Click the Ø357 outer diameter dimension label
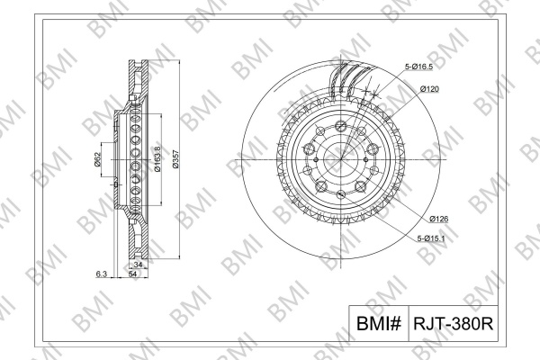point(176,158)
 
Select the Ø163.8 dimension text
point(157,158)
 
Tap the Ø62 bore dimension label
point(97,159)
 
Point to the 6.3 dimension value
point(102,274)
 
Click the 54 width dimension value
point(133,274)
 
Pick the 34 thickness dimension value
point(138,265)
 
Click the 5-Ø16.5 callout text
point(418,67)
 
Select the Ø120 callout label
point(429,89)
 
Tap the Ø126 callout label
point(439,219)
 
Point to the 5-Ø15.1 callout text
point(431,238)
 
